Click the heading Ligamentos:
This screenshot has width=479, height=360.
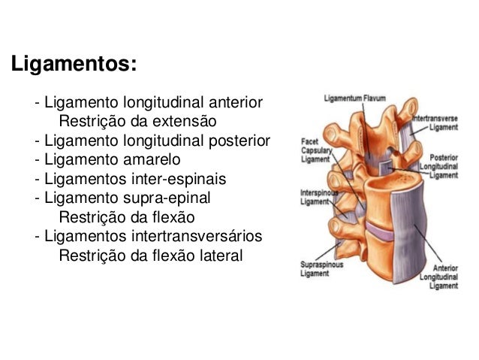[73, 65]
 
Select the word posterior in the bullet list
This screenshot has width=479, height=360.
[237, 140]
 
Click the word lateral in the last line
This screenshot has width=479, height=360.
[218, 256]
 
